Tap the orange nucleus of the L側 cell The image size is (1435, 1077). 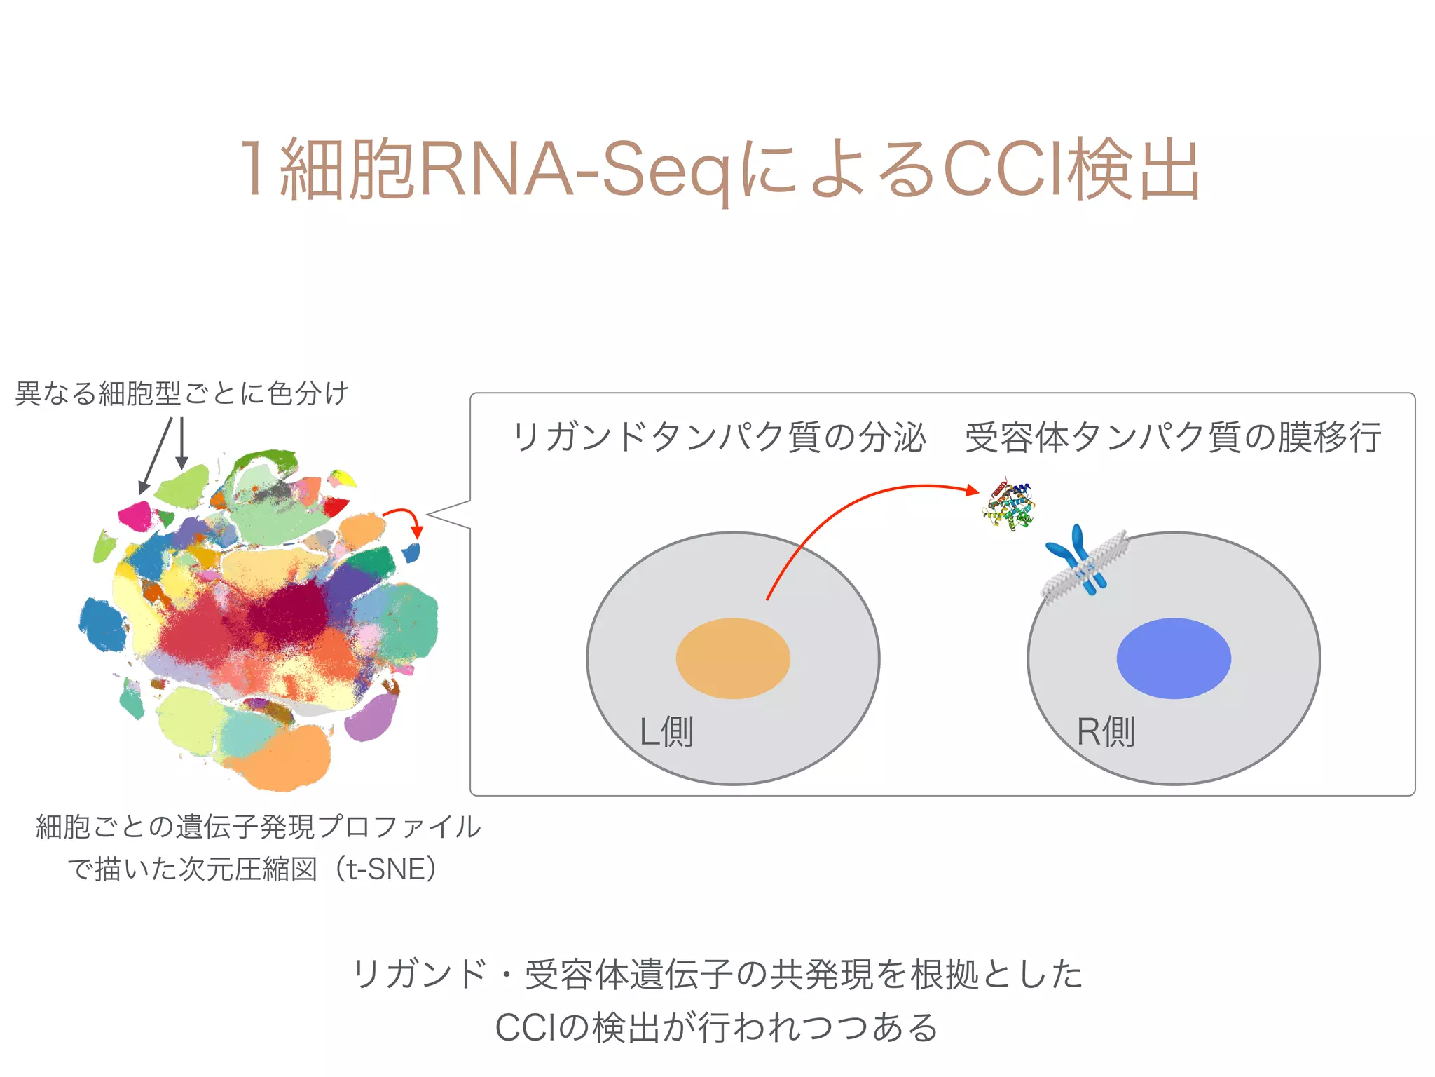click(733, 658)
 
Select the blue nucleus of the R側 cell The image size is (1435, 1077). click(1174, 658)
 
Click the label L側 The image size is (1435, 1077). click(666, 732)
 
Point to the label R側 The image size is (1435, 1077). click(1106, 732)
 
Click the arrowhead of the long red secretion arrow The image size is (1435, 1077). click(972, 490)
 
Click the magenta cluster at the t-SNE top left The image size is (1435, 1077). click(135, 516)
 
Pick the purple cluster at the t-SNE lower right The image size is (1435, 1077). click(371, 715)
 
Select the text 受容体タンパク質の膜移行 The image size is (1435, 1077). click(1173, 438)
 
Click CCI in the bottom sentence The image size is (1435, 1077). click(526, 1029)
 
